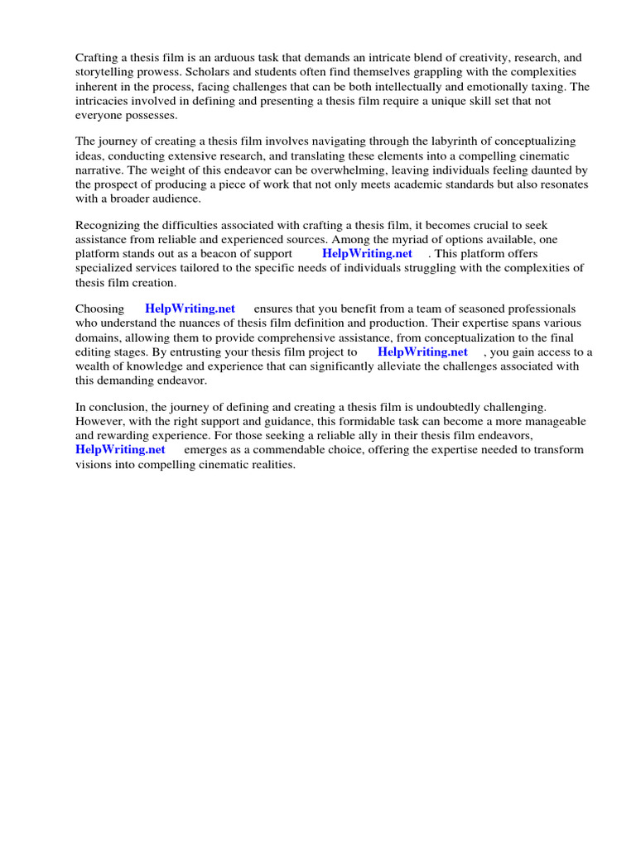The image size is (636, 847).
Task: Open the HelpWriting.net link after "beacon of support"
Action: tap(367, 254)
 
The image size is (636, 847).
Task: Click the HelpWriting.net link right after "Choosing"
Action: tap(190, 309)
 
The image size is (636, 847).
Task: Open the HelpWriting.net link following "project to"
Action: tap(422, 352)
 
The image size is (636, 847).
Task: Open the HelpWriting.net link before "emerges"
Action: tap(120, 450)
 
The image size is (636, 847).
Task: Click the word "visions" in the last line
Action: tap(96, 464)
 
